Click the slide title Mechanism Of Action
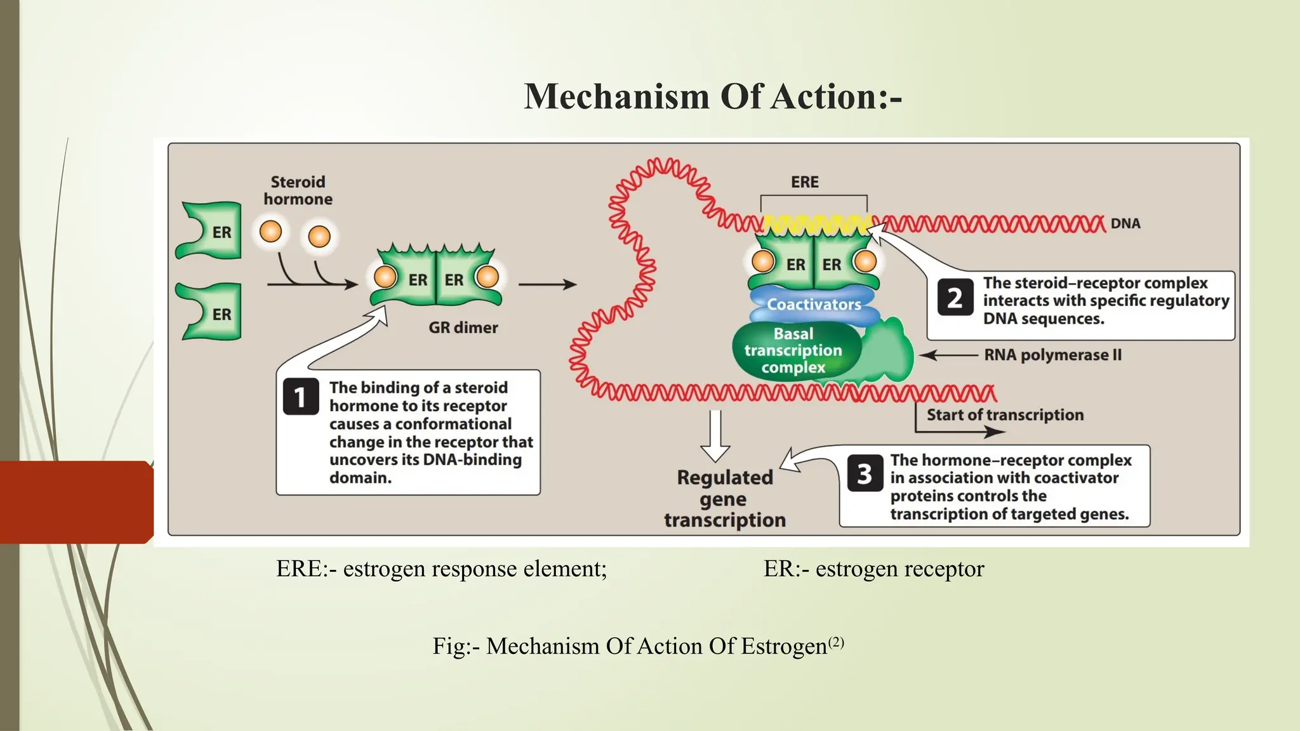(712, 97)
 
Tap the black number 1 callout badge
(300, 397)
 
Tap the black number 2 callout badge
(955, 298)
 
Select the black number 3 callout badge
(865, 473)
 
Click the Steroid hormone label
(298, 190)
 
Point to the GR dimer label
(463, 328)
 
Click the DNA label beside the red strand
(1125, 224)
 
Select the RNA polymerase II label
(1052, 355)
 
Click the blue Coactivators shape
(814, 305)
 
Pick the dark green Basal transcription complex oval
(793, 351)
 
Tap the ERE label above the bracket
(804, 182)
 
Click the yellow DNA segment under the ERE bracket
(816, 223)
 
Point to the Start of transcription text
(1005, 415)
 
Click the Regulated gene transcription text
(725, 499)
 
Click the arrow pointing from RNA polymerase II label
(948, 355)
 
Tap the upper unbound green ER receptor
(211, 232)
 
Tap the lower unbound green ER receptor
(211, 313)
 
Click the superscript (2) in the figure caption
(836, 642)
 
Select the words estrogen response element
(474, 569)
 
